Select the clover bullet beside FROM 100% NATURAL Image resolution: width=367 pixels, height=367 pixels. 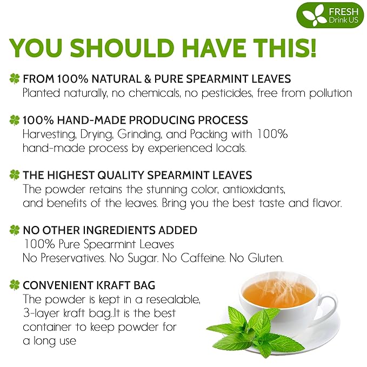(x=15, y=79)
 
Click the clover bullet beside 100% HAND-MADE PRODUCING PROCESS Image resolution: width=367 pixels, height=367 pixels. (x=15, y=120)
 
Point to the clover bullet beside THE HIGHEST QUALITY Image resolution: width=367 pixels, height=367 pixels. (x=15, y=175)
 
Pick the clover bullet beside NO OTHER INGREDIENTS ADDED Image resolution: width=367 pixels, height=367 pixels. (x=15, y=230)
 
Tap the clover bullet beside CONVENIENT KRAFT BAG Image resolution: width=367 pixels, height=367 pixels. (x=15, y=284)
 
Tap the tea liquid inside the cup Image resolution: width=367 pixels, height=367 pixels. (x=278, y=294)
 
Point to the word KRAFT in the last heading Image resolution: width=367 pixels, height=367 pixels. (x=114, y=285)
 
